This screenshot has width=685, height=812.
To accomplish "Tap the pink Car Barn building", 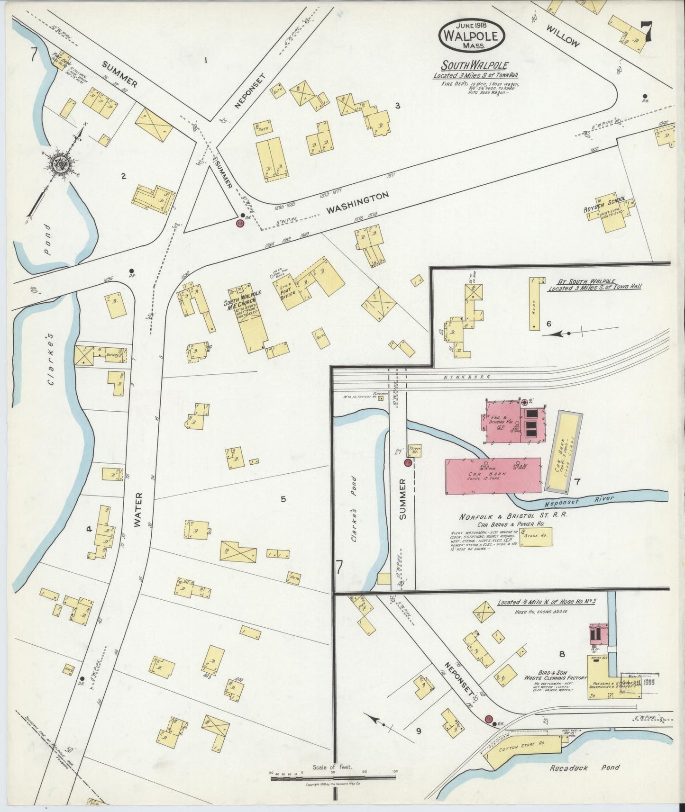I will (x=493, y=476).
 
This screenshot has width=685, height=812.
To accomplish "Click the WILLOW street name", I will (x=562, y=36).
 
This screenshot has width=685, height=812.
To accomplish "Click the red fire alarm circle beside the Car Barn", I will (x=407, y=462).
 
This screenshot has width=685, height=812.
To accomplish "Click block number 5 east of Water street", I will (x=283, y=498).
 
